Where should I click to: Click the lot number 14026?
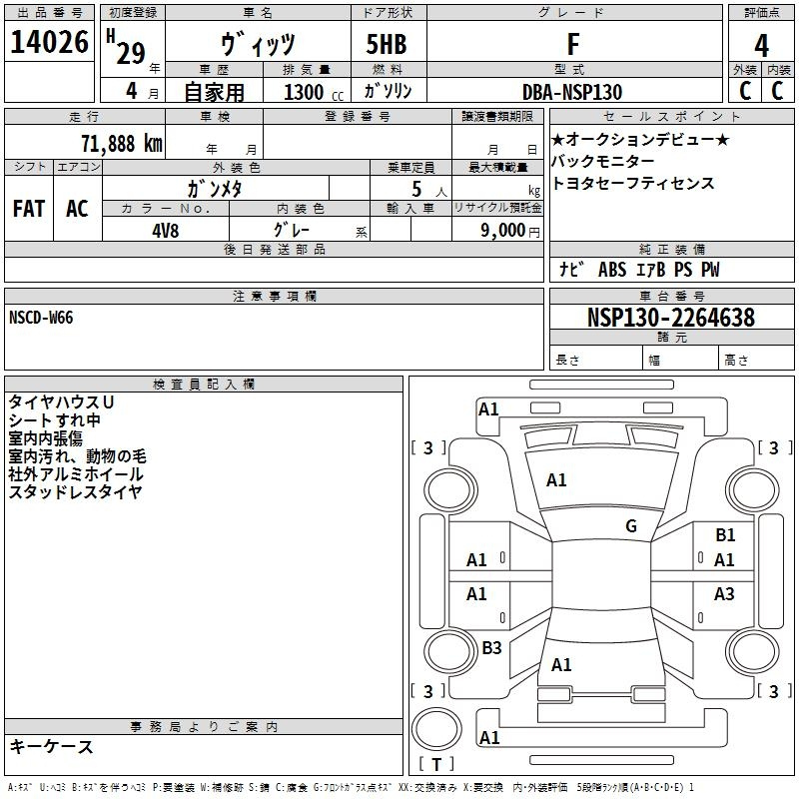point(49,42)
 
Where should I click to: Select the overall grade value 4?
point(761,46)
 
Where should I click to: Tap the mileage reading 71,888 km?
point(122,144)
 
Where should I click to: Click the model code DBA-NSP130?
point(572,92)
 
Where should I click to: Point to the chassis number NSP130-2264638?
point(670,318)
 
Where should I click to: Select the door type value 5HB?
point(387,44)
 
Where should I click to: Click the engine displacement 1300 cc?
point(314,92)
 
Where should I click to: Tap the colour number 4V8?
point(166,231)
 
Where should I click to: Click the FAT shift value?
point(29,209)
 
